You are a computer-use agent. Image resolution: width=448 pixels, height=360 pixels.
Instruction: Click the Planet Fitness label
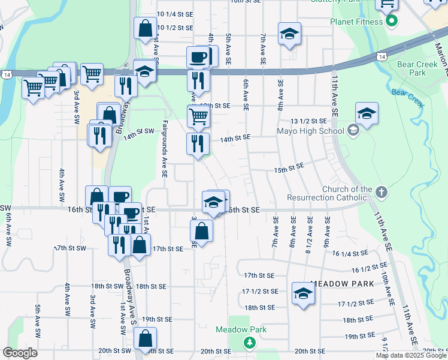pyautogui.click(x=356, y=22)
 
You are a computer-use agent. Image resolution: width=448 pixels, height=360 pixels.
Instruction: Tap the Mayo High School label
pyautogui.click(x=309, y=130)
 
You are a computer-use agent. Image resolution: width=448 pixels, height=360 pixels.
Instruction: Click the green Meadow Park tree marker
pyautogui.click(x=249, y=342)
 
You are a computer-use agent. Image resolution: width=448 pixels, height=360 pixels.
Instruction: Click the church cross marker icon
pyautogui.click(x=382, y=193)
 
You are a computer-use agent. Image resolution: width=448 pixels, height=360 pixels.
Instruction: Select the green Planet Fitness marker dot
pyautogui.click(x=391, y=22)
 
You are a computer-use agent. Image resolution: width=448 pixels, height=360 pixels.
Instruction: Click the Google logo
pyautogui.click(x=20, y=353)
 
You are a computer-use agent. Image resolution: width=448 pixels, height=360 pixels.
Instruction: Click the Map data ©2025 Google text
pyautogui.click(x=411, y=355)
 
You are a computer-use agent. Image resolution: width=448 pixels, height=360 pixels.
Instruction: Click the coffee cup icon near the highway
pyautogui.click(x=199, y=57)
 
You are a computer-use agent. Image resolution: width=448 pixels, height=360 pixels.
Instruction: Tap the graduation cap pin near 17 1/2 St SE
pyautogui.click(x=303, y=293)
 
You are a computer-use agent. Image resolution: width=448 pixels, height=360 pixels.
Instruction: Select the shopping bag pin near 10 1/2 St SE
pyautogui.click(x=146, y=27)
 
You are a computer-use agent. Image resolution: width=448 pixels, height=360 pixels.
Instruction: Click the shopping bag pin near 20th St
pyautogui.click(x=146, y=337)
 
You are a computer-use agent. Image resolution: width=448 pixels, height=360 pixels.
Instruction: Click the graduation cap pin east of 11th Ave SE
pyautogui.click(x=367, y=112)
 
